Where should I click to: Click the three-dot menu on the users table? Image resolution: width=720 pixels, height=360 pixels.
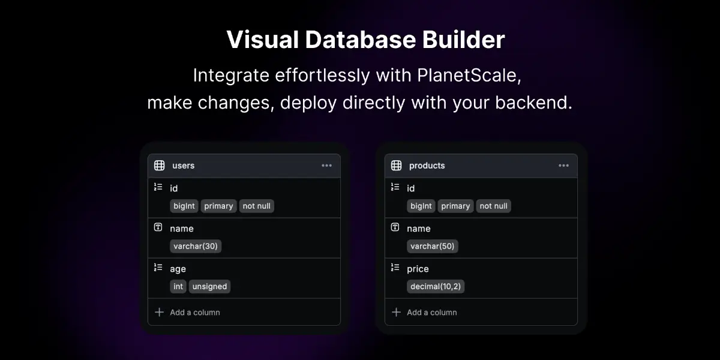(x=326, y=166)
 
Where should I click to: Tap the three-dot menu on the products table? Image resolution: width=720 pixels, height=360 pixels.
(x=563, y=166)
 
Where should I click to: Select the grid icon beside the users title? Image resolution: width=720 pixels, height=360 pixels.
(x=159, y=166)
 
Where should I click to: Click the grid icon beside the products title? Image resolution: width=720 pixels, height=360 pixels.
(x=396, y=166)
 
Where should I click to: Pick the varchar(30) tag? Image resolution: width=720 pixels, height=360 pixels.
(x=196, y=246)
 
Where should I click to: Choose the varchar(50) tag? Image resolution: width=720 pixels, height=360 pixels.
(x=433, y=246)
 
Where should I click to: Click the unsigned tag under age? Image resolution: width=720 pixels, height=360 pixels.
(x=209, y=286)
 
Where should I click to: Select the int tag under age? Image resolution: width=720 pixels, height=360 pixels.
(x=178, y=286)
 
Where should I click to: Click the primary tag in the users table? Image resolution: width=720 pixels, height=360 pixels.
(x=218, y=206)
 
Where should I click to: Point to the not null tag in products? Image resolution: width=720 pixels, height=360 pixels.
(x=493, y=206)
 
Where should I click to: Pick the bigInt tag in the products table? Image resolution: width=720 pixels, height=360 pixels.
(x=421, y=206)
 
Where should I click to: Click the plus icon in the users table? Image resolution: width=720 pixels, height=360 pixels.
(x=159, y=312)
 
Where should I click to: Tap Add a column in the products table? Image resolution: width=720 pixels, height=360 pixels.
(x=431, y=313)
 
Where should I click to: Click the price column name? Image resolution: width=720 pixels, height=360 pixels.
(x=418, y=269)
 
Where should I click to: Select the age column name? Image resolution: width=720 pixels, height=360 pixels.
(x=178, y=269)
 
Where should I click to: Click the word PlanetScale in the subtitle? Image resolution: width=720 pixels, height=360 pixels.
(x=469, y=76)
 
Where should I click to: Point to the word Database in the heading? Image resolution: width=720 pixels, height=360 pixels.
(x=361, y=40)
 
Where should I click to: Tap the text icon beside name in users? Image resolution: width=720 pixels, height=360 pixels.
(x=158, y=227)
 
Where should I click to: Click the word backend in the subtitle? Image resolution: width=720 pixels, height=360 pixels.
(x=533, y=103)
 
